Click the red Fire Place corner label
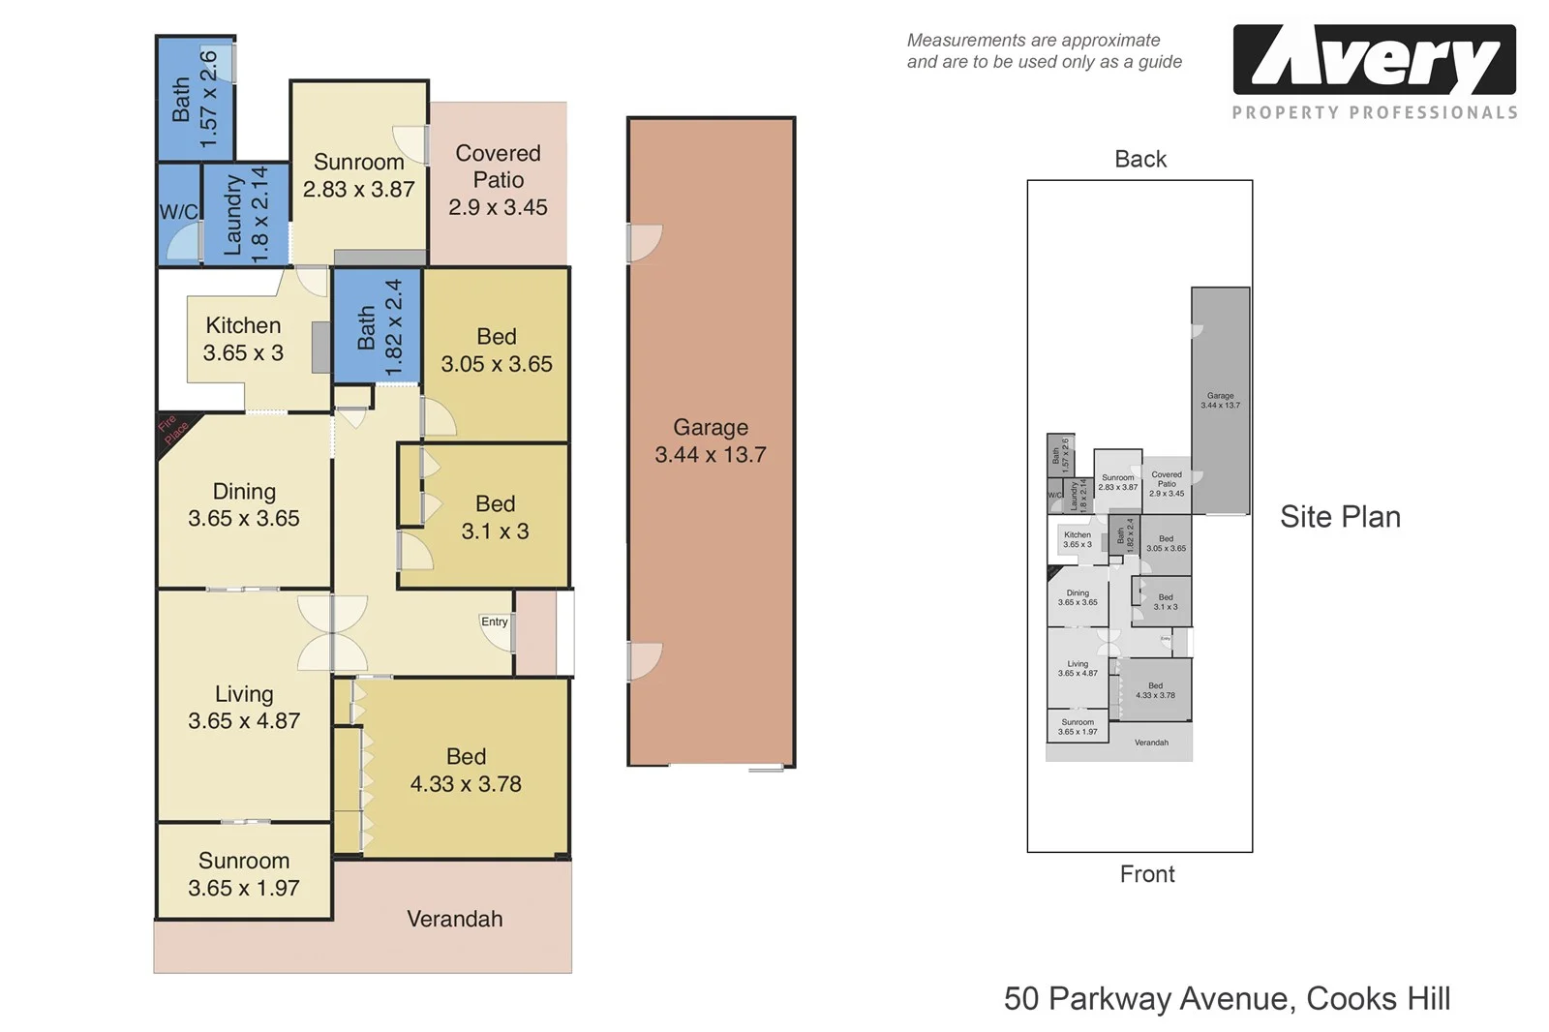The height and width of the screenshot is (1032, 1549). coord(173,431)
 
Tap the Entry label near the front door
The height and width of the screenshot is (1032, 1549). coord(495,622)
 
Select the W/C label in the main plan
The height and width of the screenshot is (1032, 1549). coord(178,212)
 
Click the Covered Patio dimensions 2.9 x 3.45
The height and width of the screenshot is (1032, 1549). coord(498,207)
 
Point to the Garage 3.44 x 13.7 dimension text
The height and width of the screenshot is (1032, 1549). coord(711,455)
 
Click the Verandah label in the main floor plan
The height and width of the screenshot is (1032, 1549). coord(454,919)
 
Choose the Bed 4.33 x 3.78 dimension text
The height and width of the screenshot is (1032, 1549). coord(466,784)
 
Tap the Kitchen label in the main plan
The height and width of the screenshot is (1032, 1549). coord(243,325)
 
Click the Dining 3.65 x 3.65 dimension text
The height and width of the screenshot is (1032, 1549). coord(244,519)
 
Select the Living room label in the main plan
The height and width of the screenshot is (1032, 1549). coord(244,694)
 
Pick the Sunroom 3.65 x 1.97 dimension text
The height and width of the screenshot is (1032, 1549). coord(244,888)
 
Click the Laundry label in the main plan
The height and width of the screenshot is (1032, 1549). coord(232,214)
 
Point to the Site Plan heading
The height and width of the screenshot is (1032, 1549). coord(1340,517)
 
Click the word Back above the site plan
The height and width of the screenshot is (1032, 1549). coord(1140,159)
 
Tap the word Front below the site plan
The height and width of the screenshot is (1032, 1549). coord(1147,874)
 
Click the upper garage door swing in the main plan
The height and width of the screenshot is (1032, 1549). coord(644,243)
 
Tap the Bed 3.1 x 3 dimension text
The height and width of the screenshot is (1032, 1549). coord(495,531)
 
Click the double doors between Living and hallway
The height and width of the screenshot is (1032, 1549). coord(332,633)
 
